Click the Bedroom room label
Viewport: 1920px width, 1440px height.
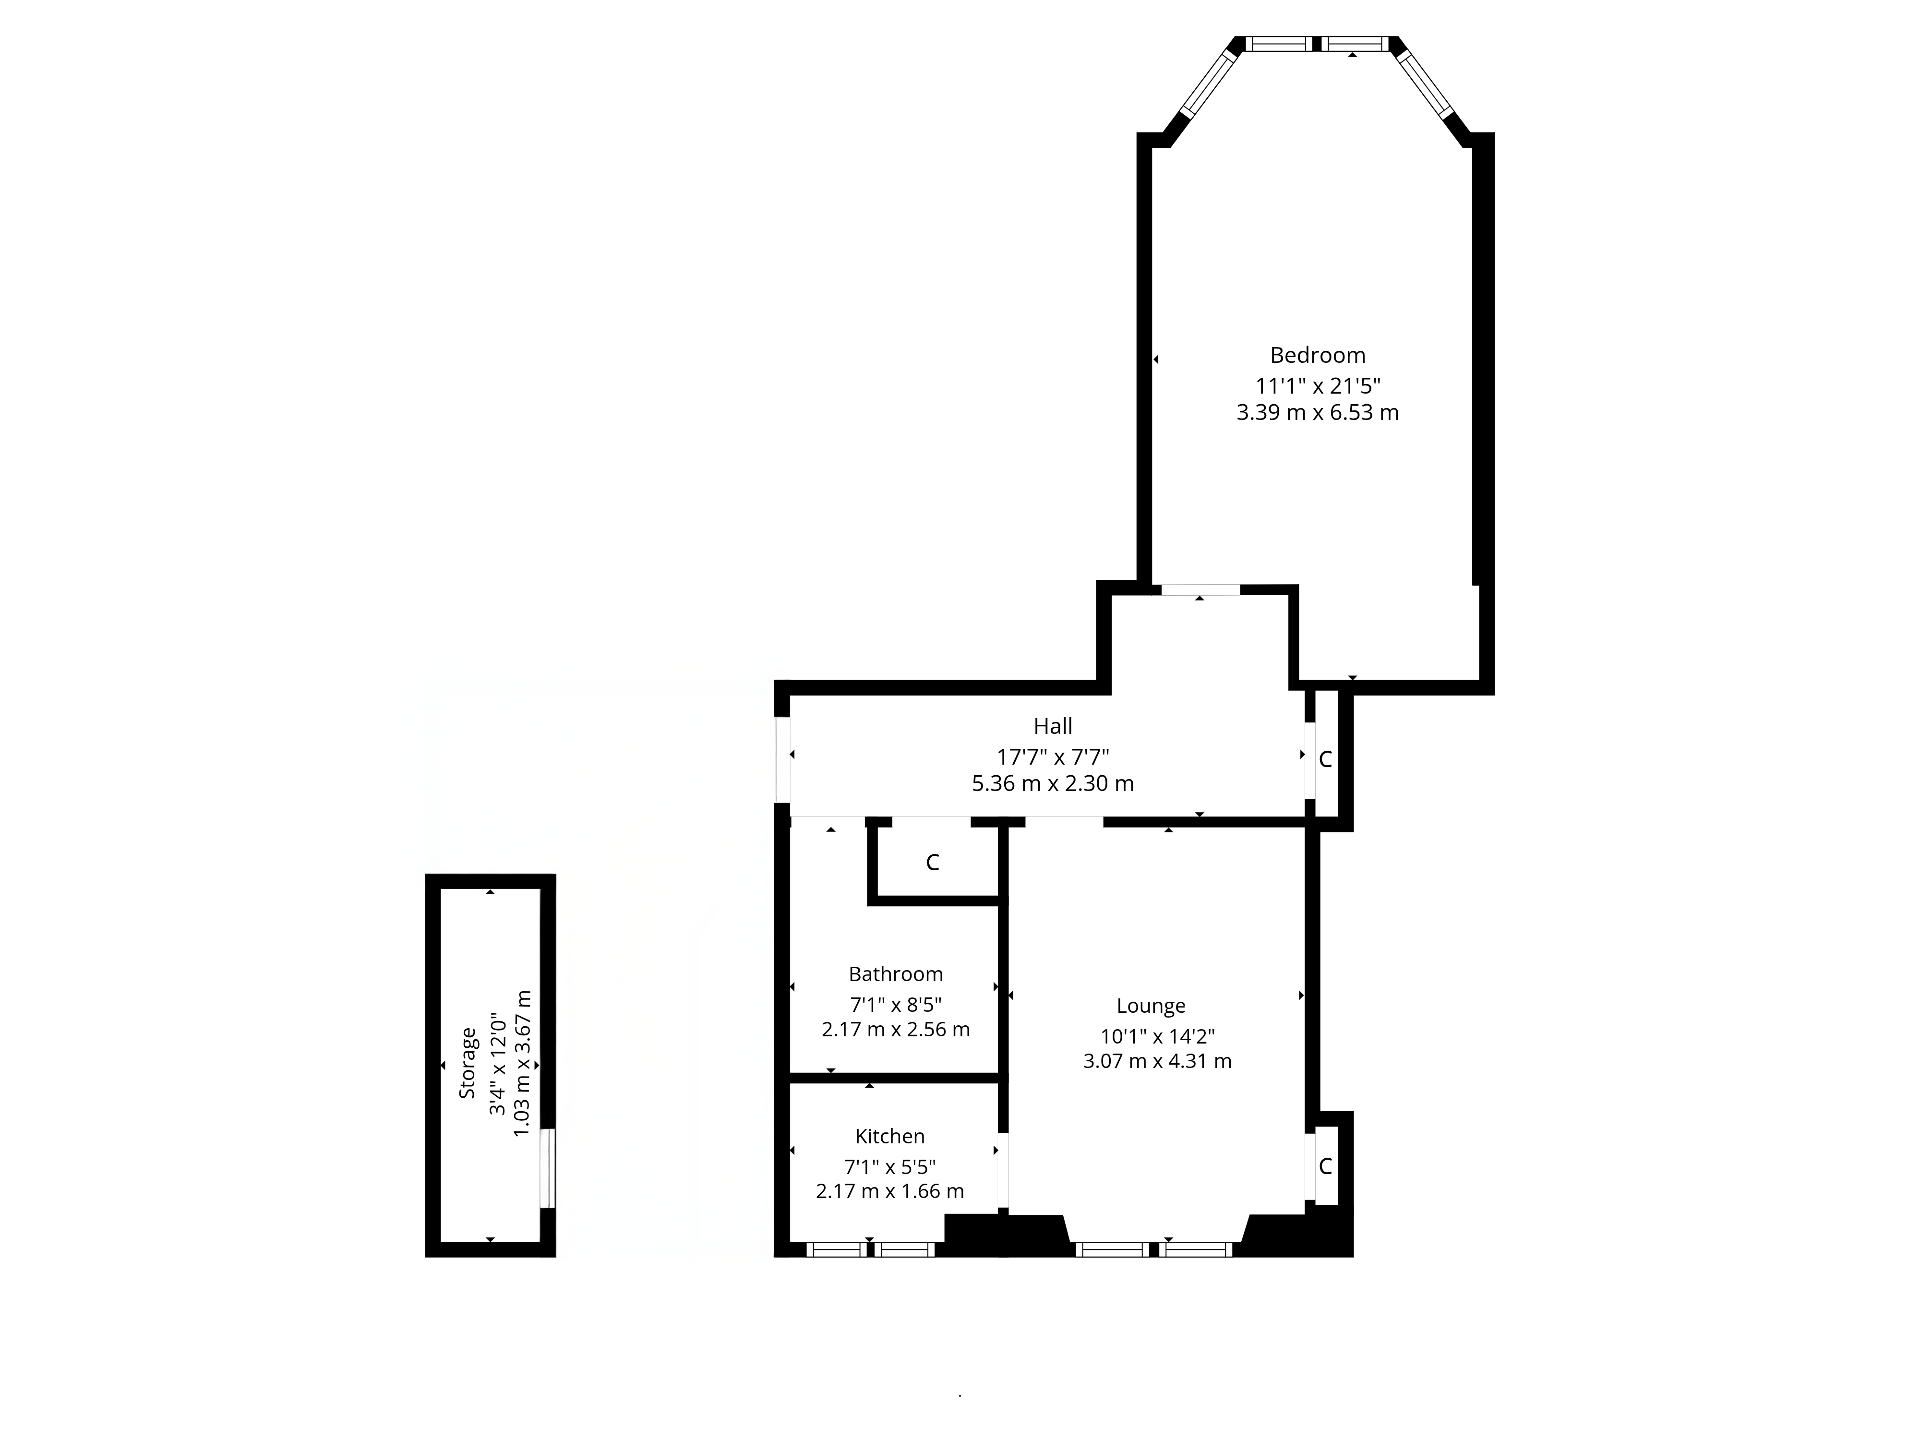point(1317,355)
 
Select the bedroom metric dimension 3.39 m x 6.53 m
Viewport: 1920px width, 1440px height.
point(1317,412)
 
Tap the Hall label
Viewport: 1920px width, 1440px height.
point(1052,726)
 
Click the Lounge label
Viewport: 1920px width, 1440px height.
point(1150,1006)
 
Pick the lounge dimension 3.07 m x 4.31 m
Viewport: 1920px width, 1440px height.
point(1156,1061)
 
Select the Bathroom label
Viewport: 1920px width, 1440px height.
point(895,974)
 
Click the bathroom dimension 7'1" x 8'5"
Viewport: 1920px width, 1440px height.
point(895,1004)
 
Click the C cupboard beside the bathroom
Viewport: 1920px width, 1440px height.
point(932,863)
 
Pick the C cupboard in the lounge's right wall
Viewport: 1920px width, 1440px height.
point(1324,1166)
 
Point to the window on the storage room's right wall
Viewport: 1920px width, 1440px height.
point(547,1167)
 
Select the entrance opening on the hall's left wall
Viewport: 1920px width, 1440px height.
point(782,758)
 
